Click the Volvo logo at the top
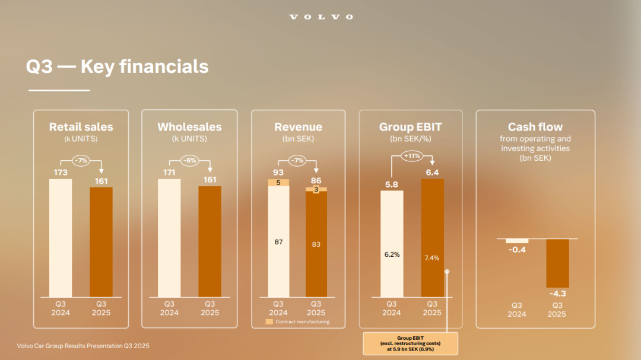tap(321, 17)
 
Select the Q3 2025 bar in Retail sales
tap(101, 242)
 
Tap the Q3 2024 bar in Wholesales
tap(169, 238)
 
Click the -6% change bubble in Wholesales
tap(190, 160)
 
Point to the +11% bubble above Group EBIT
tap(412, 156)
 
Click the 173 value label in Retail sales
tap(61, 173)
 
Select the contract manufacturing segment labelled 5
tap(278, 183)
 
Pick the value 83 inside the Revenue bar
tap(316, 244)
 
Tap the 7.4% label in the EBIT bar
tap(431, 258)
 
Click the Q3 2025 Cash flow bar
tap(557, 263)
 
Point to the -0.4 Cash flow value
tap(517, 250)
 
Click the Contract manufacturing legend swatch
tap(269, 321)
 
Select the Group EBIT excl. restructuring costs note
tap(411, 343)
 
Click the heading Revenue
tap(298, 127)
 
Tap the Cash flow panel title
tap(535, 127)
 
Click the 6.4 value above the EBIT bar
tap(432, 173)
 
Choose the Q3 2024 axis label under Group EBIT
tap(391, 308)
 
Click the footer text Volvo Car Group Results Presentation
tap(74, 346)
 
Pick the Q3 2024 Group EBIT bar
tap(392, 244)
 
